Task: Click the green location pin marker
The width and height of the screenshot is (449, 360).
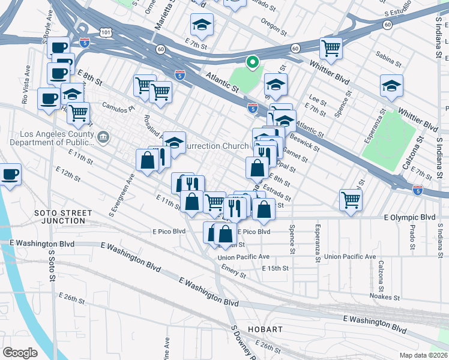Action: click(253, 62)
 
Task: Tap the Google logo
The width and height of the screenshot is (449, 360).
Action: click(20, 353)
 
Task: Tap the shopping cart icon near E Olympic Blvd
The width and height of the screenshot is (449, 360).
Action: click(351, 200)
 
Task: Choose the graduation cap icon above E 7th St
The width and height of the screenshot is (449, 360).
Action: click(202, 25)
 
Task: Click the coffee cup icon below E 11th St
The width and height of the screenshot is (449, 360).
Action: click(10, 175)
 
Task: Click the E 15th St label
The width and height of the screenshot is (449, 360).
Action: click(276, 268)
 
